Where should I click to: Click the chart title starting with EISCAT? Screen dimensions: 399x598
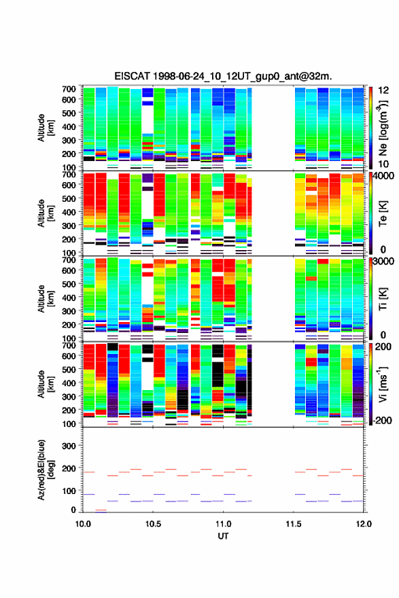click(223, 76)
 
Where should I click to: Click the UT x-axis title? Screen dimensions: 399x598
click(223, 536)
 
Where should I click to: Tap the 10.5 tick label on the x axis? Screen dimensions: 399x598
click(153, 524)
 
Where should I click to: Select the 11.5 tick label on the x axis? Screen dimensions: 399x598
click(294, 524)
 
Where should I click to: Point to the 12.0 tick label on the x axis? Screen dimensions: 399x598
click(364, 524)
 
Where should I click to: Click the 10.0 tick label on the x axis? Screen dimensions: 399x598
click(83, 524)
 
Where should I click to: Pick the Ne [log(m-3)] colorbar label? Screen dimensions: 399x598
click(383, 127)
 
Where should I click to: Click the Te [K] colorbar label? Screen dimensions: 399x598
click(383, 213)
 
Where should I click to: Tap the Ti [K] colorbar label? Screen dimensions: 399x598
click(383, 298)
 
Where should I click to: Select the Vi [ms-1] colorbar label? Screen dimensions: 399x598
click(383, 384)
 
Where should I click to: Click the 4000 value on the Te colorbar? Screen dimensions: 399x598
click(382, 176)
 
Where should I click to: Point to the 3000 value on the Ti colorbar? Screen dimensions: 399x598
click(383, 262)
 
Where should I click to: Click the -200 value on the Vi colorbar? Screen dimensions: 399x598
click(381, 420)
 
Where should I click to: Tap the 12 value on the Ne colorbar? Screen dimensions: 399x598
click(383, 90)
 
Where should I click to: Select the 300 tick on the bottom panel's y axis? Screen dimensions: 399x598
click(69, 446)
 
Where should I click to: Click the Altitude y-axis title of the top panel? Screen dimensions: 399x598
click(46, 128)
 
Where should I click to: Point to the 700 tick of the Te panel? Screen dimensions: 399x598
click(69, 174)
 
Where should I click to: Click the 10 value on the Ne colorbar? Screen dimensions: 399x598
click(383, 164)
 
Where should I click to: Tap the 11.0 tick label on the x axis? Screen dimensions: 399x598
click(223, 524)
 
